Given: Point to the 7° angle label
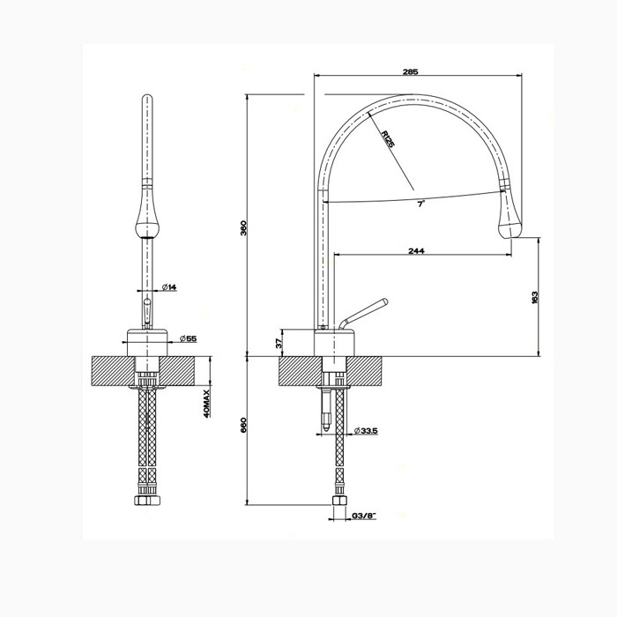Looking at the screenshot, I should pyautogui.click(x=421, y=204).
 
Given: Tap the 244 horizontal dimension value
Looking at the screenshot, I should pyautogui.click(x=417, y=251).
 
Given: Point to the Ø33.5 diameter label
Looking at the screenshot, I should pyautogui.click(x=366, y=430).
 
